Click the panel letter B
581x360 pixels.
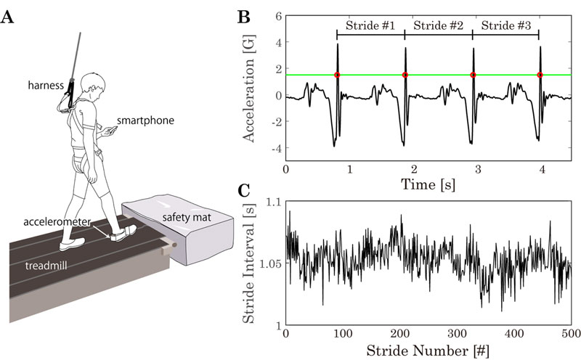[245, 15]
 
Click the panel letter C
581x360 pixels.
[245, 190]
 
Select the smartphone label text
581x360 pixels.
[145, 120]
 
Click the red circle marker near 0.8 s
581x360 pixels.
[338, 75]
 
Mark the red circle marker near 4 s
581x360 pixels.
[540, 75]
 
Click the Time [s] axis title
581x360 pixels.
[428, 187]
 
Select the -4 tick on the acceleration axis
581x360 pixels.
[274, 149]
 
